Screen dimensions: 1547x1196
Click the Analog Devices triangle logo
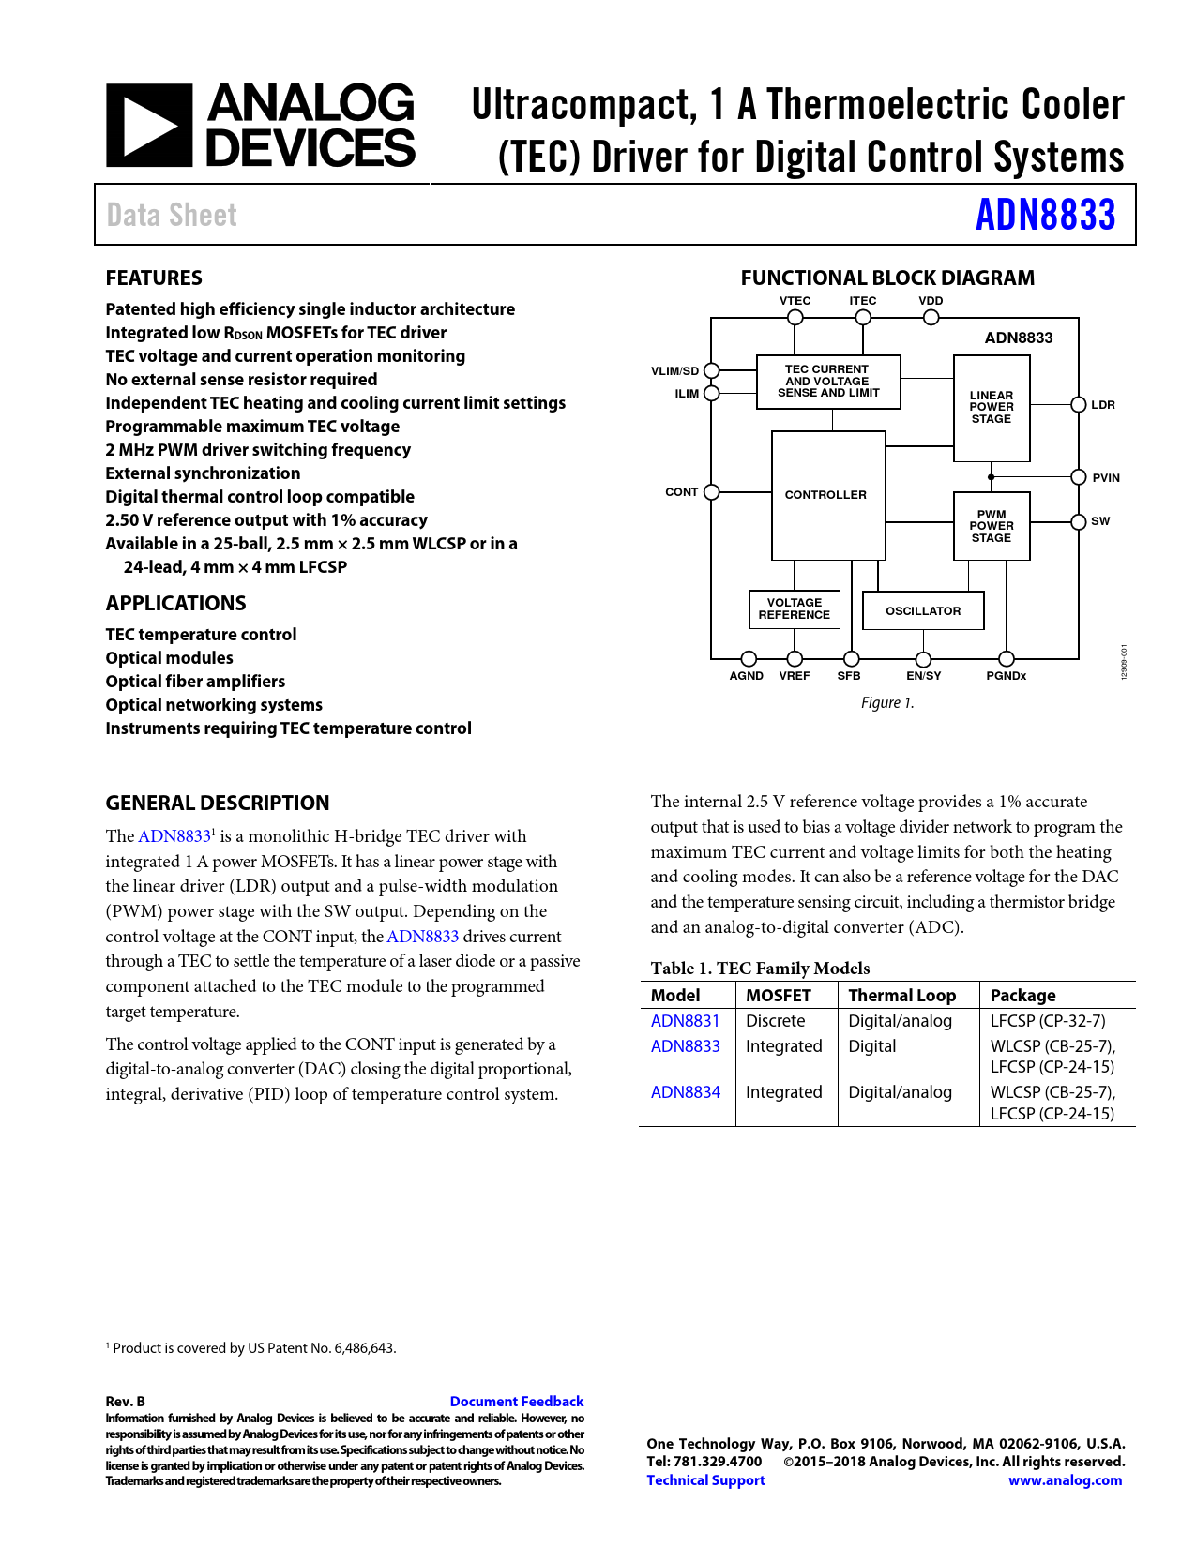[149, 126]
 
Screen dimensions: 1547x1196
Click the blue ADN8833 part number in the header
[1045, 215]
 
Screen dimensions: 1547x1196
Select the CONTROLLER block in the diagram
[826, 494]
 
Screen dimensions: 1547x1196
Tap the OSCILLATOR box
[923, 610]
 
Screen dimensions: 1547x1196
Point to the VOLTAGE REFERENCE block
[795, 608]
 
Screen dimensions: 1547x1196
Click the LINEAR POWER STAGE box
[992, 408]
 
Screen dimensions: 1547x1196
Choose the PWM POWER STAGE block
[992, 526]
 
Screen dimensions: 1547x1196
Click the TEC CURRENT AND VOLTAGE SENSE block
[828, 382]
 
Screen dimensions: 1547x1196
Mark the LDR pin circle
[1079, 405]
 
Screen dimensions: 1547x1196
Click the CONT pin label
[681, 492]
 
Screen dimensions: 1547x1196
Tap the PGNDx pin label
[1006, 676]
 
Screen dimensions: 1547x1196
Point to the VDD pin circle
[931, 318]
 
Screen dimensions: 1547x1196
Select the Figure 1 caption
[887, 703]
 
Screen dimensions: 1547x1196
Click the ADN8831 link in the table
[686, 1021]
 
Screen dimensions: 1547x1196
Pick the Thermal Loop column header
[901, 996]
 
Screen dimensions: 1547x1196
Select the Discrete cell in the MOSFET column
[776, 1021]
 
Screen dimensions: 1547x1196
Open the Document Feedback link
[516, 1402]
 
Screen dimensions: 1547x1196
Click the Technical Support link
[705, 1480]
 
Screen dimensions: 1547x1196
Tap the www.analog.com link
[1065, 1480]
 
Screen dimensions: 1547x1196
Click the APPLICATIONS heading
[176, 603]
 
